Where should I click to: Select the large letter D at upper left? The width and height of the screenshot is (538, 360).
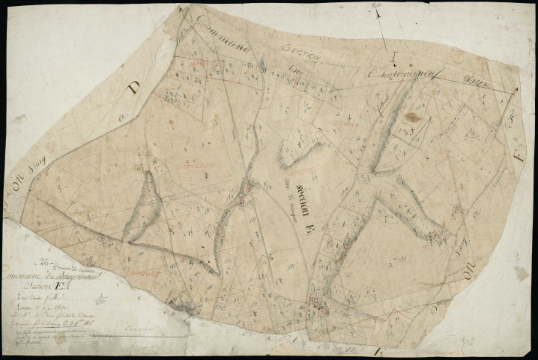(133, 90)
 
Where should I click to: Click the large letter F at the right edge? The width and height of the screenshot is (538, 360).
(519, 160)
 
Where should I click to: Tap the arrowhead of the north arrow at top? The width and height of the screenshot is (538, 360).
(378, 10)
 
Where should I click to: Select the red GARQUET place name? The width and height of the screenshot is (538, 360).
(142, 264)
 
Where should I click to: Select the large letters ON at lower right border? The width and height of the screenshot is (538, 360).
(471, 274)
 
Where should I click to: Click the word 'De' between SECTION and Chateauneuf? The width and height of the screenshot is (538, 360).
(294, 70)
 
